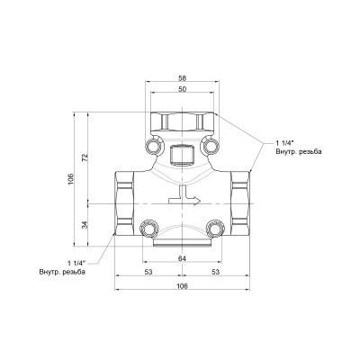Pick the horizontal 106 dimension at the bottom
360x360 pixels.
pos(183,285)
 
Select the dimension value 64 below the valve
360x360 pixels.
pos(183,259)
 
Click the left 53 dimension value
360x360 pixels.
pos(148,272)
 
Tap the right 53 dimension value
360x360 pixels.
pos(217,272)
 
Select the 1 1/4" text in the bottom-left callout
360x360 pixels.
pos(78,262)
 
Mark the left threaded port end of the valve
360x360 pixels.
pos(124,201)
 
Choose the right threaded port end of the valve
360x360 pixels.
pos(242,201)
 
